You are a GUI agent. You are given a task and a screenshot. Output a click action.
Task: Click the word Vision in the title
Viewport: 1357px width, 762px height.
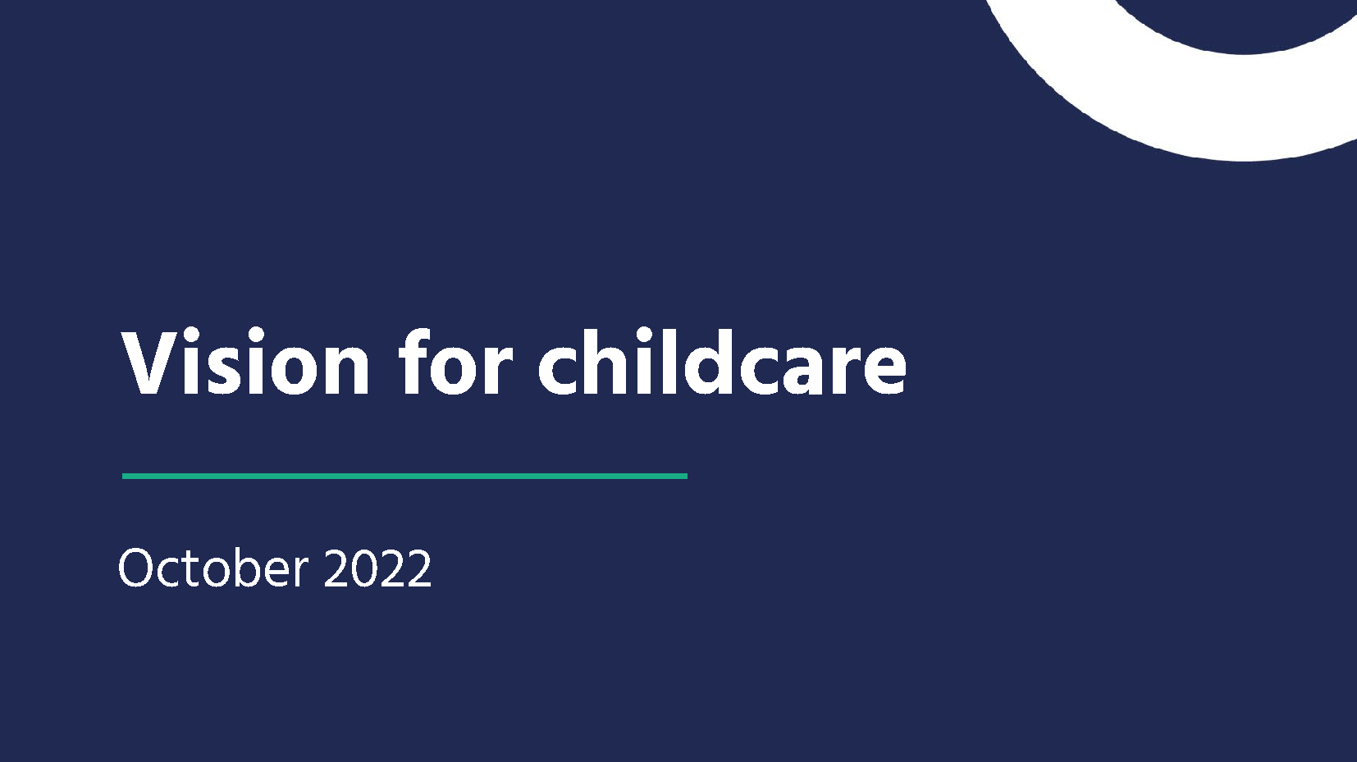pyautogui.click(x=245, y=363)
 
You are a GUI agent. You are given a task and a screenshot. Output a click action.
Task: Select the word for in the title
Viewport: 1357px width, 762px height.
pyautogui.click(x=455, y=363)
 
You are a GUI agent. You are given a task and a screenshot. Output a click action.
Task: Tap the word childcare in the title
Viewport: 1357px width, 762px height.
pyautogui.click(x=722, y=363)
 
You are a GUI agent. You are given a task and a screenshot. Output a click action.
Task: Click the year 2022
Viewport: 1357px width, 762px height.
pyautogui.click(x=377, y=568)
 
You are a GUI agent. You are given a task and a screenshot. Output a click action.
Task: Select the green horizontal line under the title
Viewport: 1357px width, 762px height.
pyautogui.click(x=404, y=476)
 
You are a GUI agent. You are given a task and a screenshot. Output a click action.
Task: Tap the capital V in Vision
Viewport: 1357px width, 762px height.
pyautogui.click(x=148, y=363)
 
